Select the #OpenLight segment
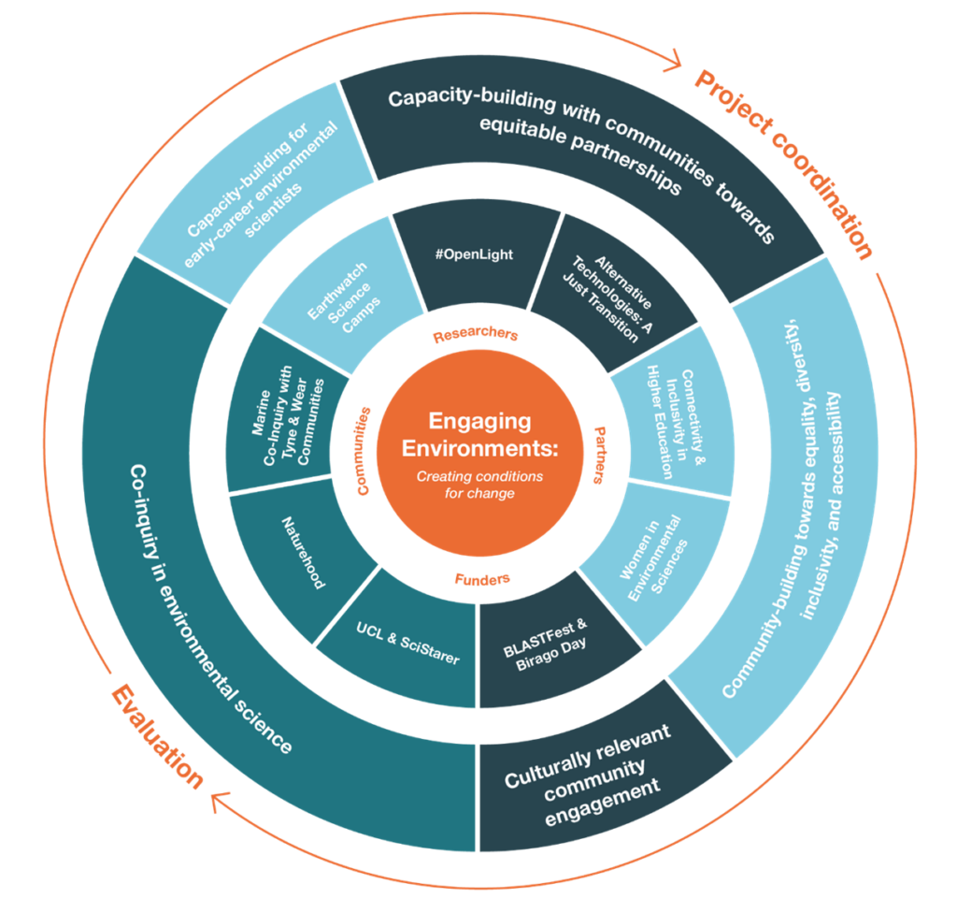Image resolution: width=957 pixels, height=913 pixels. [474, 255]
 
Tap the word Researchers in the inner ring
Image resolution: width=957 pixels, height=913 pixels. [475, 335]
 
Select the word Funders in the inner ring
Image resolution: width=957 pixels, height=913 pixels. [482, 580]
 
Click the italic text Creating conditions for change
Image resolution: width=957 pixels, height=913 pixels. [478, 485]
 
